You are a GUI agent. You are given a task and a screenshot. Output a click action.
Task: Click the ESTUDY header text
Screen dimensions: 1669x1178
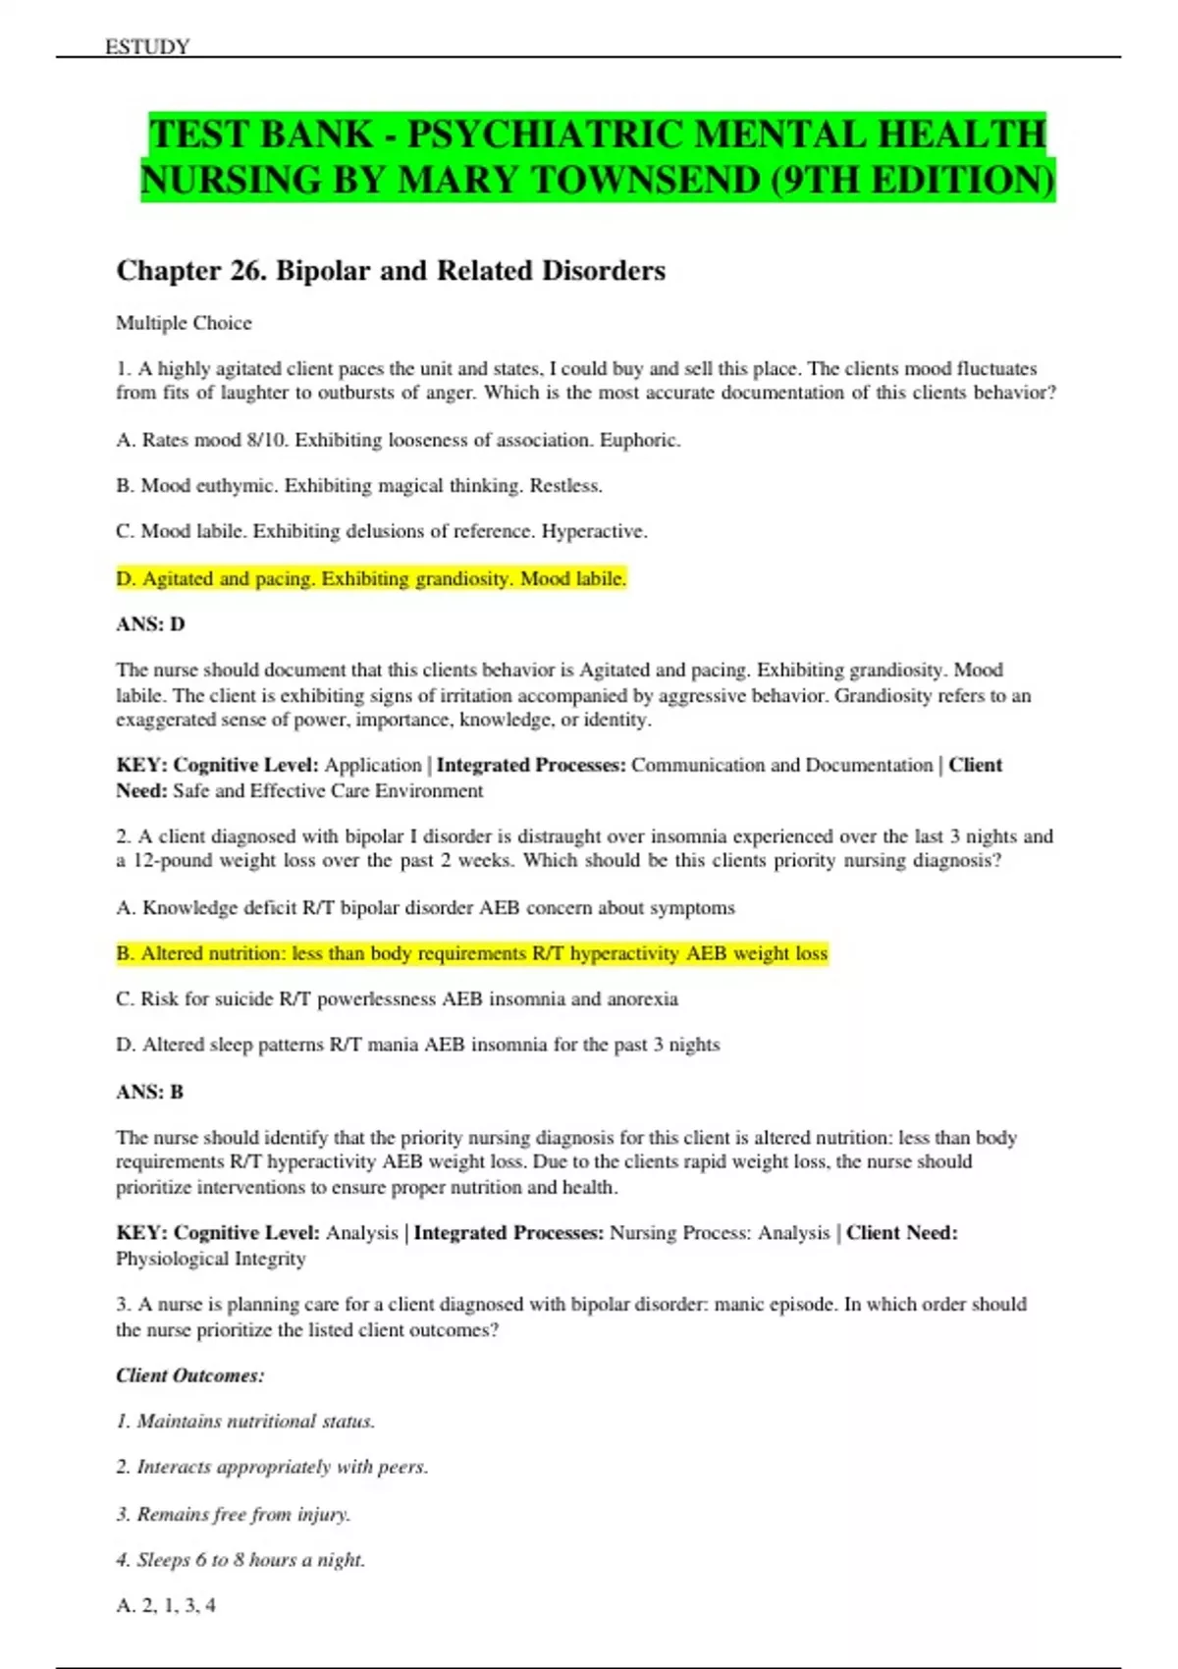(147, 46)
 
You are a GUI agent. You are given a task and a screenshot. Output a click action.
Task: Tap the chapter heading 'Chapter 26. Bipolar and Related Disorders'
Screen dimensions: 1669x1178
(391, 271)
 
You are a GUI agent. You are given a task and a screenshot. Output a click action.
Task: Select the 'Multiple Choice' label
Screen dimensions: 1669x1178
(184, 323)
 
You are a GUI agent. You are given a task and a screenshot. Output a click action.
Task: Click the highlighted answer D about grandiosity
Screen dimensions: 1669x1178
(371, 579)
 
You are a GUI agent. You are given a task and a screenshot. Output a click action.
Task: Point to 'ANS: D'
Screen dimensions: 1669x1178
(150, 624)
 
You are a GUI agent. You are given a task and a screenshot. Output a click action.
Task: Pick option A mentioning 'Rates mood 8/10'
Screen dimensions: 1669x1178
(398, 440)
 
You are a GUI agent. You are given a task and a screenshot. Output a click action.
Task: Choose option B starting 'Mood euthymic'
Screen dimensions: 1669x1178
(358, 486)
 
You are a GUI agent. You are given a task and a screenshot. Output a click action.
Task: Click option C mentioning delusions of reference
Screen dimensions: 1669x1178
(381, 532)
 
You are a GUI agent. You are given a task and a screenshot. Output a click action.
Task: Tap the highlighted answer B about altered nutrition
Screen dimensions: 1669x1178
(471, 953)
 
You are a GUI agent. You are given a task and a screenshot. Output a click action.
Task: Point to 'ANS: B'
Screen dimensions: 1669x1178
(149, 1092)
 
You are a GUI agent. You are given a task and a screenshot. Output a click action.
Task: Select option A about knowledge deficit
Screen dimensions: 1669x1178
(425, 908)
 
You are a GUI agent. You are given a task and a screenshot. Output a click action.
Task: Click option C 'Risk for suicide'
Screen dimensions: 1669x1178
(397, 999)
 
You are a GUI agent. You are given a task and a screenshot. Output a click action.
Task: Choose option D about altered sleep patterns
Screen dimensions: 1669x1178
(417, 1045)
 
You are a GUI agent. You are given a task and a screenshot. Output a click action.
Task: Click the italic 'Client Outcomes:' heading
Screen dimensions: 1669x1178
(190, 1375)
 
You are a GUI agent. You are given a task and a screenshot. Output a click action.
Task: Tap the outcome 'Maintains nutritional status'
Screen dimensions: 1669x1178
(245, 1422)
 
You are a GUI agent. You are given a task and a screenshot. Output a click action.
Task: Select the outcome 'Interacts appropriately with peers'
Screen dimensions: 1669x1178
(272, 1467)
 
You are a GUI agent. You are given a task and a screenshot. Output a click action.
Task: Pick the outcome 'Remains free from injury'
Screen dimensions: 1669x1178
(233, 1514)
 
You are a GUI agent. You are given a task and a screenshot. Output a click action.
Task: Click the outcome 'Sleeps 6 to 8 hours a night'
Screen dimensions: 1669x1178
(241, 1560)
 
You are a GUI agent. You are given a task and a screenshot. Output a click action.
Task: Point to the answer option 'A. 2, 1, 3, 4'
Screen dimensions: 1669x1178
(166, 1605)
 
